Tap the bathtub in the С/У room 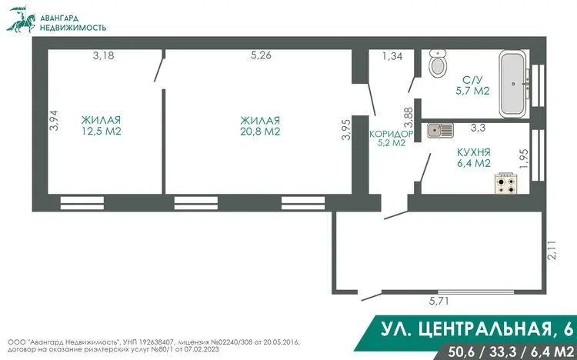click(513, 84)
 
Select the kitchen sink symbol click(440, 130)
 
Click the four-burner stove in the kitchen click(506, 182)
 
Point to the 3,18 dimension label click(103, 55)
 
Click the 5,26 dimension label click(261, 55)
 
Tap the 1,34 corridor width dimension click(392, 56)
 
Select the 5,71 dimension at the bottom click(439, 301)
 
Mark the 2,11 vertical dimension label click(552, 250)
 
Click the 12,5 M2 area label click(102, 131)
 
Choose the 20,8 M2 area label click(260, 132)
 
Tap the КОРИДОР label click(391, 134)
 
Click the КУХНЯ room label click(474, 152)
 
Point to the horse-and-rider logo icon click(22, 19)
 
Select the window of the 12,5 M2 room click(82, 203)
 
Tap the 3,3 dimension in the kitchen click(478, 128)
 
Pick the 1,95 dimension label click(524, 158)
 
